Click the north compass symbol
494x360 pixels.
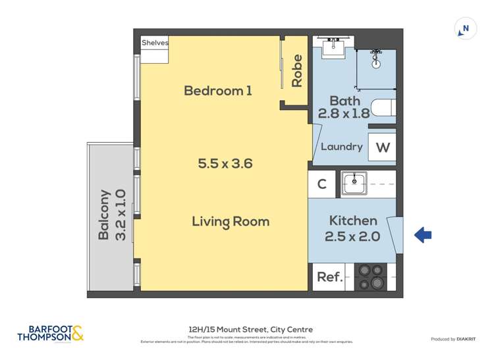click(466, 29)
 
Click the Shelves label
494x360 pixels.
click(155, 43)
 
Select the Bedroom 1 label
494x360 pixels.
click(217, 91)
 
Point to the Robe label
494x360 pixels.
click(297, 70)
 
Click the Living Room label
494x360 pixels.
click(231, 221)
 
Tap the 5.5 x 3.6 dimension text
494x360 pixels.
click(225, 164)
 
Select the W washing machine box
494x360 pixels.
click(382, 147)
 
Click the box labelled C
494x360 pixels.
click(322, 184)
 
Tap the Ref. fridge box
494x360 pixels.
click(329, 278)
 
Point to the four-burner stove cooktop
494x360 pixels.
click(370, 277)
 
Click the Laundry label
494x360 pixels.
click(341, 147)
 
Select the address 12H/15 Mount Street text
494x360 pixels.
click(247, 329)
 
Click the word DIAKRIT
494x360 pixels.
click(470, 339)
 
